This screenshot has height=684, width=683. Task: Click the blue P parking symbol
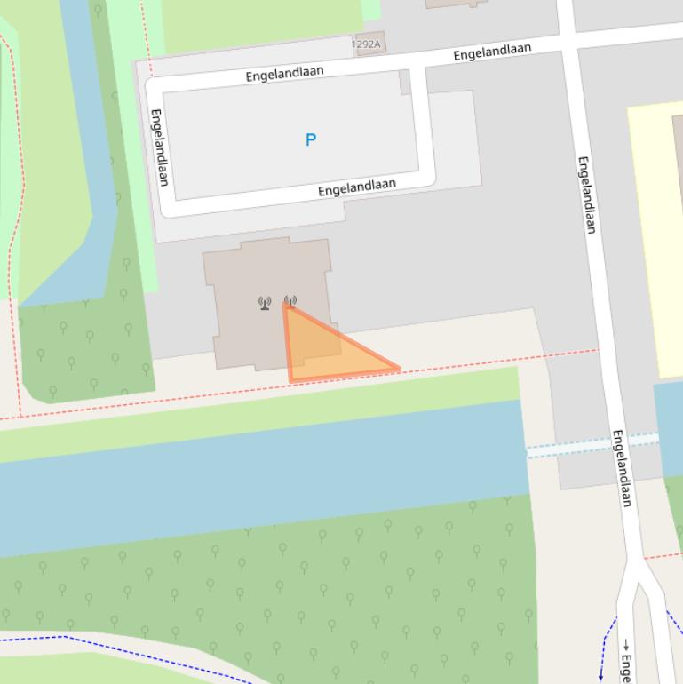(311, 139)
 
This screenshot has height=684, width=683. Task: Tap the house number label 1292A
(366, 44)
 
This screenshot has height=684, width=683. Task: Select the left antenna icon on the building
(265, 304)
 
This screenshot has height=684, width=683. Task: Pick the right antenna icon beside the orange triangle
(290, 301)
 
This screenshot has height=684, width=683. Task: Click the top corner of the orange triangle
(284, 306)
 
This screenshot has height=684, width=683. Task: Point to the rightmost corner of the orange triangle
(399, 368)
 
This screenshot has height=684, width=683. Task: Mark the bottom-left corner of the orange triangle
(290, 381)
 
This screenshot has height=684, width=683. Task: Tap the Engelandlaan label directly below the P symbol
(357, 187)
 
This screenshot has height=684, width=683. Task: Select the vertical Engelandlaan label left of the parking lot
(159, 147)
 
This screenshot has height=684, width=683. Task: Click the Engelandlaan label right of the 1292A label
(492, 52)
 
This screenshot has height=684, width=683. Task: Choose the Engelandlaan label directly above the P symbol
(285, 74)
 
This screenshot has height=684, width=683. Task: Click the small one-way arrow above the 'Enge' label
(625, 645)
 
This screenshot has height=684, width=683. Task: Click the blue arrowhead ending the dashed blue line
(601, 678)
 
